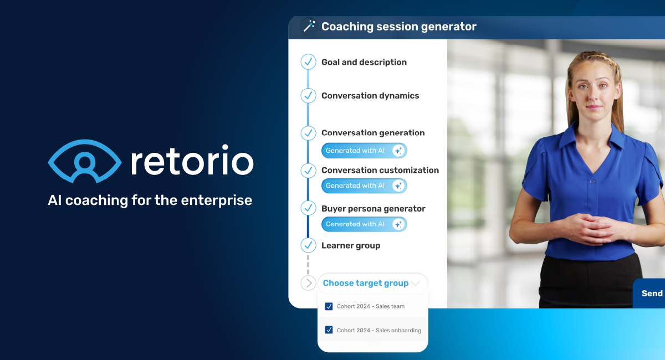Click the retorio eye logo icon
coord(85,161)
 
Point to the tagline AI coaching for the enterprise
coord(150,200)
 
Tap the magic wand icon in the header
coord(309,26)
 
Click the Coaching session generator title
coord(398,27)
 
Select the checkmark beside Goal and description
coord(308,62)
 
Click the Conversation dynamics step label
coord(370,96)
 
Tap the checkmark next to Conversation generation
coord(308,133)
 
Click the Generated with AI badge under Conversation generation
coord(364,151)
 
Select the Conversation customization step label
coord(380,170)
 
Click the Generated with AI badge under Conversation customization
coord(364,186)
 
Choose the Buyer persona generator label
coord(373,209)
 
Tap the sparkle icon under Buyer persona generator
coord(397,224)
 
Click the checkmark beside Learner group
coord(308,245)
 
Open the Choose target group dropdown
coord(371,283)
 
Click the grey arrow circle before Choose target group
coord(308,283)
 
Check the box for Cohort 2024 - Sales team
coord(329,306)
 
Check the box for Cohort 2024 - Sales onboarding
coord(329,330)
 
